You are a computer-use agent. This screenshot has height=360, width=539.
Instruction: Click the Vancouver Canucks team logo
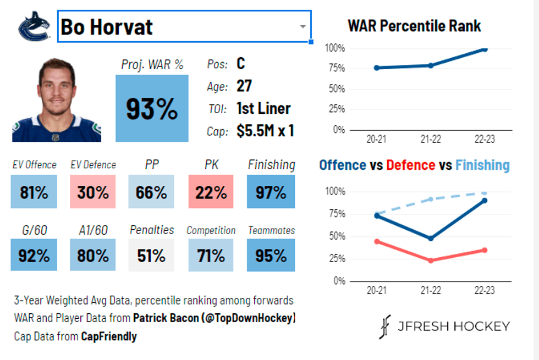(35, 26)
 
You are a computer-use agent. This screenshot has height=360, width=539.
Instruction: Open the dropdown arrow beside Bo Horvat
(302, 27)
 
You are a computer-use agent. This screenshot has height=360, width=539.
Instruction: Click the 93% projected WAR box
(152, 109)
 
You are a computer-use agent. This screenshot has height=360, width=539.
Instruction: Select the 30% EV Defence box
(93, 192)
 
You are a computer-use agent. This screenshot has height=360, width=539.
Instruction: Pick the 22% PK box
(211, 192)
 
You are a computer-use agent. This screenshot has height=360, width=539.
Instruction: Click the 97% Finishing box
(271, 192)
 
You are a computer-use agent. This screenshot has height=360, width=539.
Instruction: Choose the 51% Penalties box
(151, 256)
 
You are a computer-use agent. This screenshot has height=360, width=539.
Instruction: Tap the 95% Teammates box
(271, 256)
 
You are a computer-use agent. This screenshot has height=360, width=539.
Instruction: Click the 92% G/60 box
(34, 256)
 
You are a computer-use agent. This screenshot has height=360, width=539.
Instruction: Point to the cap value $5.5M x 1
(265, 131)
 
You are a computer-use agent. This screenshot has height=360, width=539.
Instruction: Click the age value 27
(244, 86)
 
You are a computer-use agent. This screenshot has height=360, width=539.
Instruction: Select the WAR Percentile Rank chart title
(414, 26)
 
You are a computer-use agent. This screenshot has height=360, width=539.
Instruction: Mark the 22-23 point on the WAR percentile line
(485, 49)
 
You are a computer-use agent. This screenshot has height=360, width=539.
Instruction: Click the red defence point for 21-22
(431, 260)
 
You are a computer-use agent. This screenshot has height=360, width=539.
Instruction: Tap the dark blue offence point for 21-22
(431, 238)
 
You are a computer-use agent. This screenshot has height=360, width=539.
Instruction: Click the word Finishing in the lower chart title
(482, 165)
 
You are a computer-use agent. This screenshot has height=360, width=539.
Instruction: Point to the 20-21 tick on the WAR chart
(376, 139)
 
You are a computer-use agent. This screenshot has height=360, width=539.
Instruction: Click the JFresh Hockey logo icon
(384, 326)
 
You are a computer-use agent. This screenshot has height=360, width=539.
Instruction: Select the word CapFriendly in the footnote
(108, 336)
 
